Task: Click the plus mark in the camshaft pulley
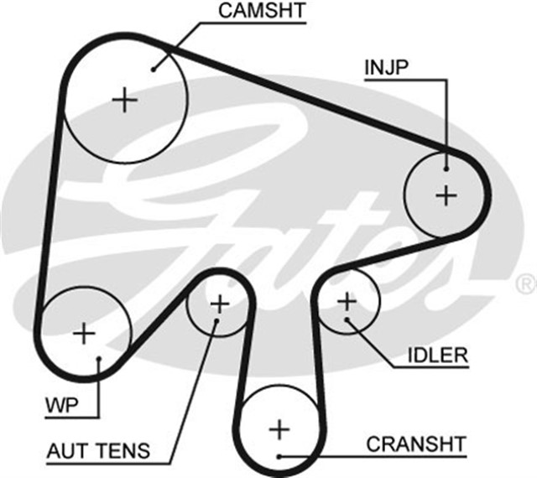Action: (x=125, y=101)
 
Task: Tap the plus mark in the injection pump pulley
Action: (x=446, y=195)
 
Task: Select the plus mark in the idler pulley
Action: (x=347, y=300)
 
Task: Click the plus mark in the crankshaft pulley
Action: (x=278, y=430)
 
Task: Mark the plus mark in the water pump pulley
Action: (x=84, y=333)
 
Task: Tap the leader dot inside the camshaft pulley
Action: (x=154, y=69)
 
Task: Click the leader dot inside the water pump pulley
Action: (x=99, y=361)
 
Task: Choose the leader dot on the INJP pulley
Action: (x=446, y=165)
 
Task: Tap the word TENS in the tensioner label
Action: (x=126, y=451)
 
